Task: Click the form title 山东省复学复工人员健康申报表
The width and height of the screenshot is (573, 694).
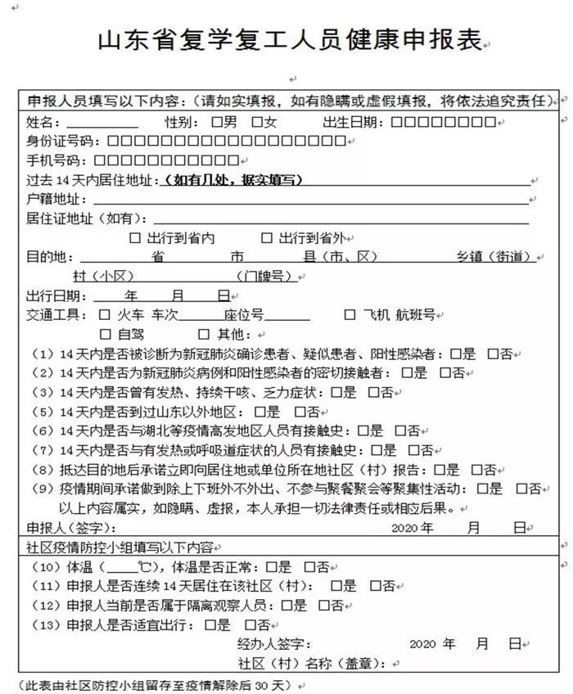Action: [286, 41]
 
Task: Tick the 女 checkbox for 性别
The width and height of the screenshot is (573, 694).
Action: [257, 124]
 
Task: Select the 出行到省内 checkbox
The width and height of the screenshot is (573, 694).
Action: [136, 239]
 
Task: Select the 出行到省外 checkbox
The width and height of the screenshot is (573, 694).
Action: [267, 239]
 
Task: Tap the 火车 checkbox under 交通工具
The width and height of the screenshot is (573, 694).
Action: [104, 314]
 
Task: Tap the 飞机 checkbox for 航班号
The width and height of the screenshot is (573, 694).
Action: [350, 314]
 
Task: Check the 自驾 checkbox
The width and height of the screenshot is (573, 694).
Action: [104, 334]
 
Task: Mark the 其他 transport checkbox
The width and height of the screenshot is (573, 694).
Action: [203, 334]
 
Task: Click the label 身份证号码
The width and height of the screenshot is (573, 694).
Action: [54, 142]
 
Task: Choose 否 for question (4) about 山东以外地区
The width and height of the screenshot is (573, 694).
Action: [300, 412]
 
